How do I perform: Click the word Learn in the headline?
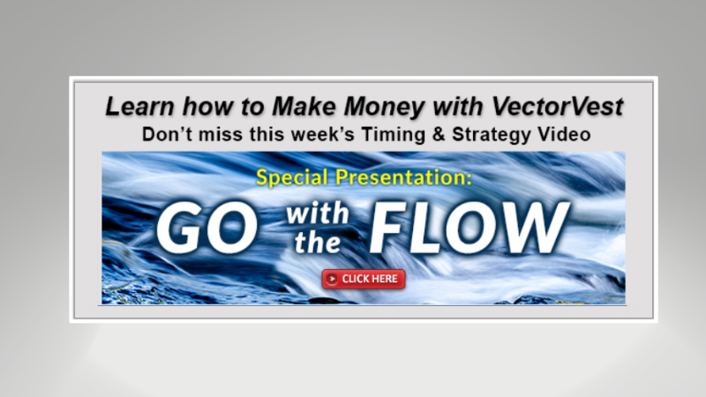[133, 108]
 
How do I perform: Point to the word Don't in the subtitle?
[165, 135]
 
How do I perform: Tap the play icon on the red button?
[332, 280]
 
